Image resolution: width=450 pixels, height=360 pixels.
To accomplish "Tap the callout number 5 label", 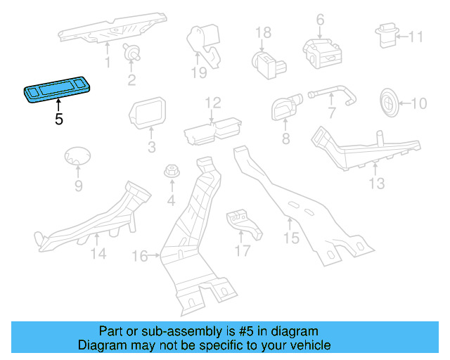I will point(59,120).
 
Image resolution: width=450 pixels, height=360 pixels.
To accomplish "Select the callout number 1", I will point(108,63).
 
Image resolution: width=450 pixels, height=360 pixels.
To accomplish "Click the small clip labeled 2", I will point(129,51).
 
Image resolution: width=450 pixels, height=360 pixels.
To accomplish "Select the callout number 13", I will point(377,184).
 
